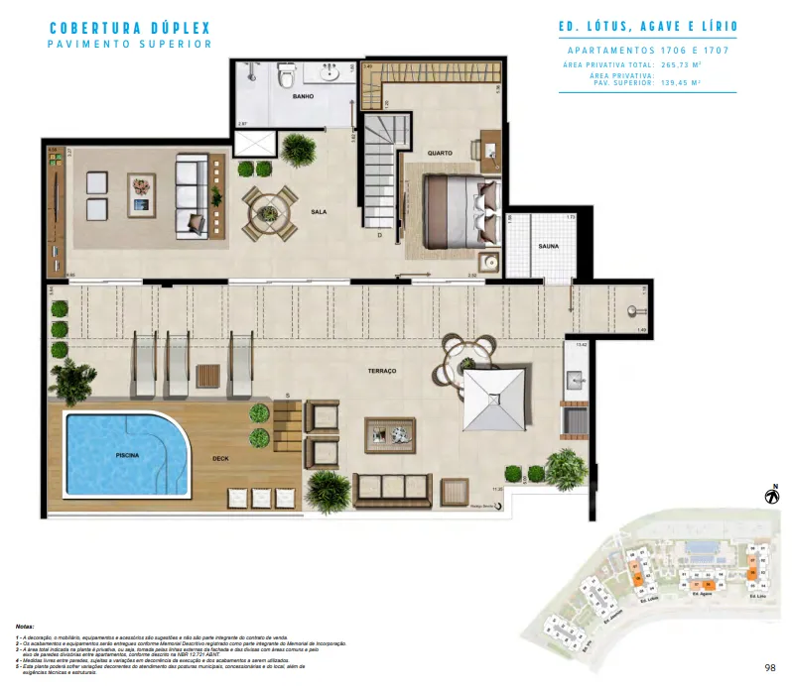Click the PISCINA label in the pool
pos(126,455)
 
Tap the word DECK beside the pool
pos(220,459)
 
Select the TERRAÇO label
pos(381,370)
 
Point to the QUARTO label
pos(441,153)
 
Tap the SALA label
pos(319,211)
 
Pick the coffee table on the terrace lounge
pos(389,431)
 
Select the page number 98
pos(770,668)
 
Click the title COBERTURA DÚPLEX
pos(129,28)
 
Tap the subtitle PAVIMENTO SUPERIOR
pos(129,45)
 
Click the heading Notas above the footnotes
pos(26,628)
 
